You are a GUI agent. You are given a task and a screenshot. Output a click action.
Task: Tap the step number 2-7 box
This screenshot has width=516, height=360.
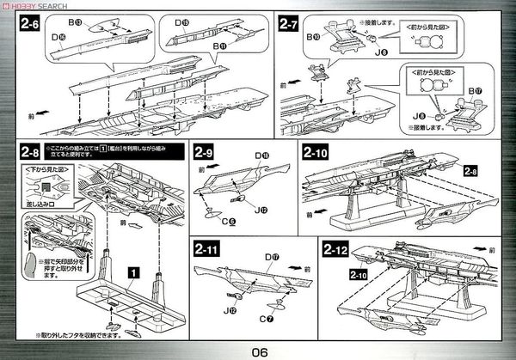pos(290,26)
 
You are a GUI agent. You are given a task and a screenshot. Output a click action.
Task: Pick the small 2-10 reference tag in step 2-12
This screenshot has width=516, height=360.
pos(353,276)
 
